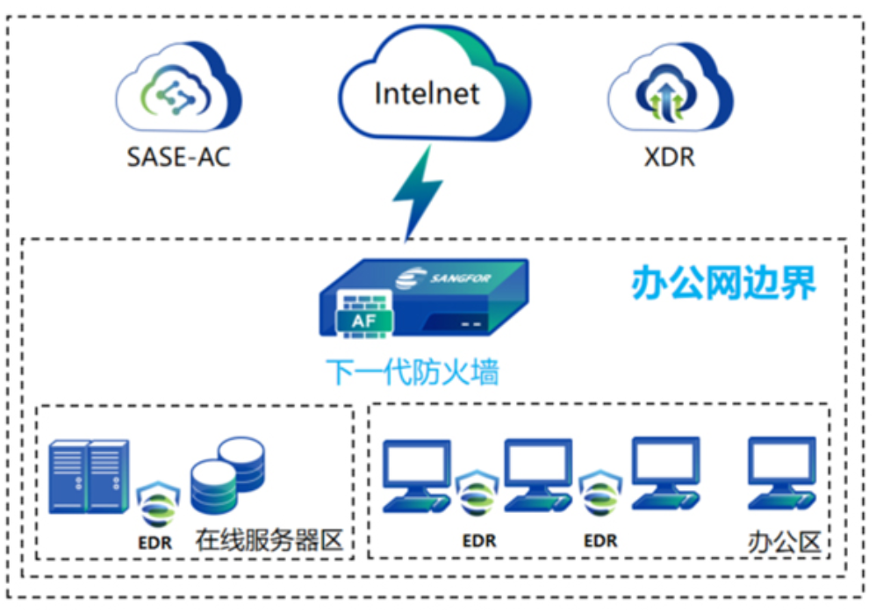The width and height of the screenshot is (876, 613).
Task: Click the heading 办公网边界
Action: tap(724, 282)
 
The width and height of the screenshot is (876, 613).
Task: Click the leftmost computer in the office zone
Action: tap(418, 475)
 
